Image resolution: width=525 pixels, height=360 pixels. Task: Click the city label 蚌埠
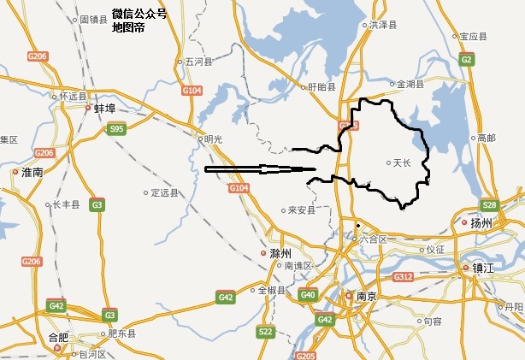pos(104,109)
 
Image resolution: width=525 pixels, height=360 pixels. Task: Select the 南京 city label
pos(366,297)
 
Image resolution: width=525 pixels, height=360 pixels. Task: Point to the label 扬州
pos(482,224)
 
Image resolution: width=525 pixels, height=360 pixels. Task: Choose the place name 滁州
pos(280,254)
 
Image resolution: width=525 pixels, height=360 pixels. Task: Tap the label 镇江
pos(484,268)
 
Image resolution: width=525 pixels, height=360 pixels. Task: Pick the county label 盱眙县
pos(322,86)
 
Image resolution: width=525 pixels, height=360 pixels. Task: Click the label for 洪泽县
pos(383,26)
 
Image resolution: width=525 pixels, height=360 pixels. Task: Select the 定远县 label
pos(164,193)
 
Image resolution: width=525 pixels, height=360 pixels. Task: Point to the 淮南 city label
pos(32,172)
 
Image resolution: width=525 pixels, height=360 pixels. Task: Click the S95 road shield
pos(117,129)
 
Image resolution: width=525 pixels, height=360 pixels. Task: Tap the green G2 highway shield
pos(466,59)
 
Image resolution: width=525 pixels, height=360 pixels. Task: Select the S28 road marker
pos(489,205)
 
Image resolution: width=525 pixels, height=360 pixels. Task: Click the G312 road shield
pos(404,277)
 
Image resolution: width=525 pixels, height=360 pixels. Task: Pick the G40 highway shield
pos(308,296)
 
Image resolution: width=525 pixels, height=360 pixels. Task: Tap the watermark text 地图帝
pos(128,27)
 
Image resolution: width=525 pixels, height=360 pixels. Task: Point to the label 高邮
pos(486,138)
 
